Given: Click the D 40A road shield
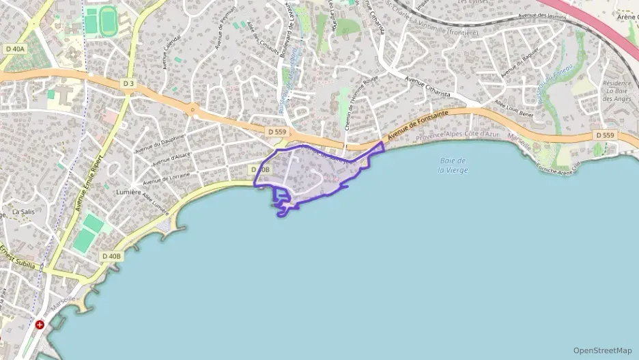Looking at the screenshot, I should click(x=14, y=49).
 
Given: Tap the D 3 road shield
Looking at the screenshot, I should click(x=127, y=83).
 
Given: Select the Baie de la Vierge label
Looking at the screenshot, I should click(x=453, y=165).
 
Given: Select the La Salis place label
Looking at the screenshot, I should click(x=23, y=212).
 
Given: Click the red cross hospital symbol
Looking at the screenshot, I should click(x=40, y=324).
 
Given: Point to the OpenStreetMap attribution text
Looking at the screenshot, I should click(x=602, y=350).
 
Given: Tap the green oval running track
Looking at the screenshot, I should click(x=108, y=20).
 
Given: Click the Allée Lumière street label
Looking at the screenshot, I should click(x=155, y=202).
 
